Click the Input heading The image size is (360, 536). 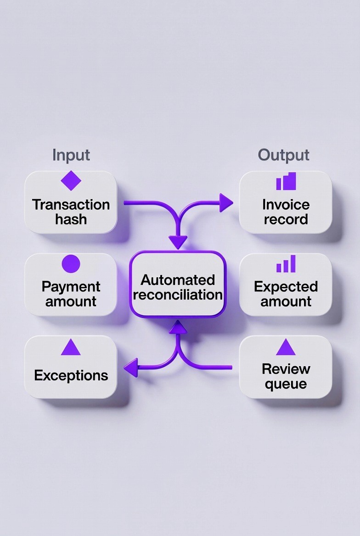click(71, 155)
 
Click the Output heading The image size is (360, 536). click(283, 155)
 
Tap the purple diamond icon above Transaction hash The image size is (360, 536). click(71, 180)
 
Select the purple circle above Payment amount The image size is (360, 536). click(71, 264)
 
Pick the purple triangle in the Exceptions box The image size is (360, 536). click(71, 347)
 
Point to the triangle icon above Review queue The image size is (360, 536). click(285, 347)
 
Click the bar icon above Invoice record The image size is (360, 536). click(286, 181)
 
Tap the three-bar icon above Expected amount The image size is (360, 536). click(286, 264)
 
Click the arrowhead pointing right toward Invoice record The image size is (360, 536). click(226, 202)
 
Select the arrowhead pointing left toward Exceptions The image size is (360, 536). click(131, 367)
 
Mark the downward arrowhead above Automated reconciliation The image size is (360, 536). click(178, 241)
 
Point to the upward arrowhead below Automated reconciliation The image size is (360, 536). click(178, 327)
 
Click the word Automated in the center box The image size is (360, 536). click(178, 279)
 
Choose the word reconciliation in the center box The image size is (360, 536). click(178, 294)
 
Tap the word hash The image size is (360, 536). click(71, 219)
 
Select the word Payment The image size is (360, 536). click(71, 286)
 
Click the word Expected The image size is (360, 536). click(286, 286)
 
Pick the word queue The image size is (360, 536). click(286, 384)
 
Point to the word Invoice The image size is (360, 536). click(286, 204)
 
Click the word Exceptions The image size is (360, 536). click(71, 375)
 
